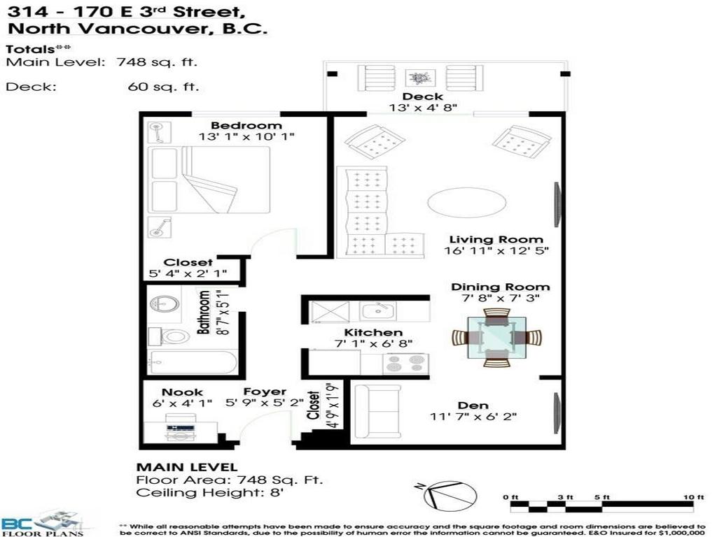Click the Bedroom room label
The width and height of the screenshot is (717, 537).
click(237, 125)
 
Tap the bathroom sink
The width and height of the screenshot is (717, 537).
click(165, 304)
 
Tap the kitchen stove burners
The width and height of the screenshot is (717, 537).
click(405, 364)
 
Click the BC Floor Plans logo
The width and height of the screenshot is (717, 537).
click(42, 523)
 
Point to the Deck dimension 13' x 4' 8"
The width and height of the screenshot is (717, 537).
click(424, 108)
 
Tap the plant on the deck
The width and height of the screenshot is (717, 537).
click(420, 78)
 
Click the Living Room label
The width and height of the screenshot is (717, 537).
click(496, 239)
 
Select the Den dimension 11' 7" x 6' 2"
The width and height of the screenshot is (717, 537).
click(473, 417)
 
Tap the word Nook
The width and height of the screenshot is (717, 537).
click(182, 392)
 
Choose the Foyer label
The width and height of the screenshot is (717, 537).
click(265, 392)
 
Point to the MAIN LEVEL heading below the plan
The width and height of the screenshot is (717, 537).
click(186, 467)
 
